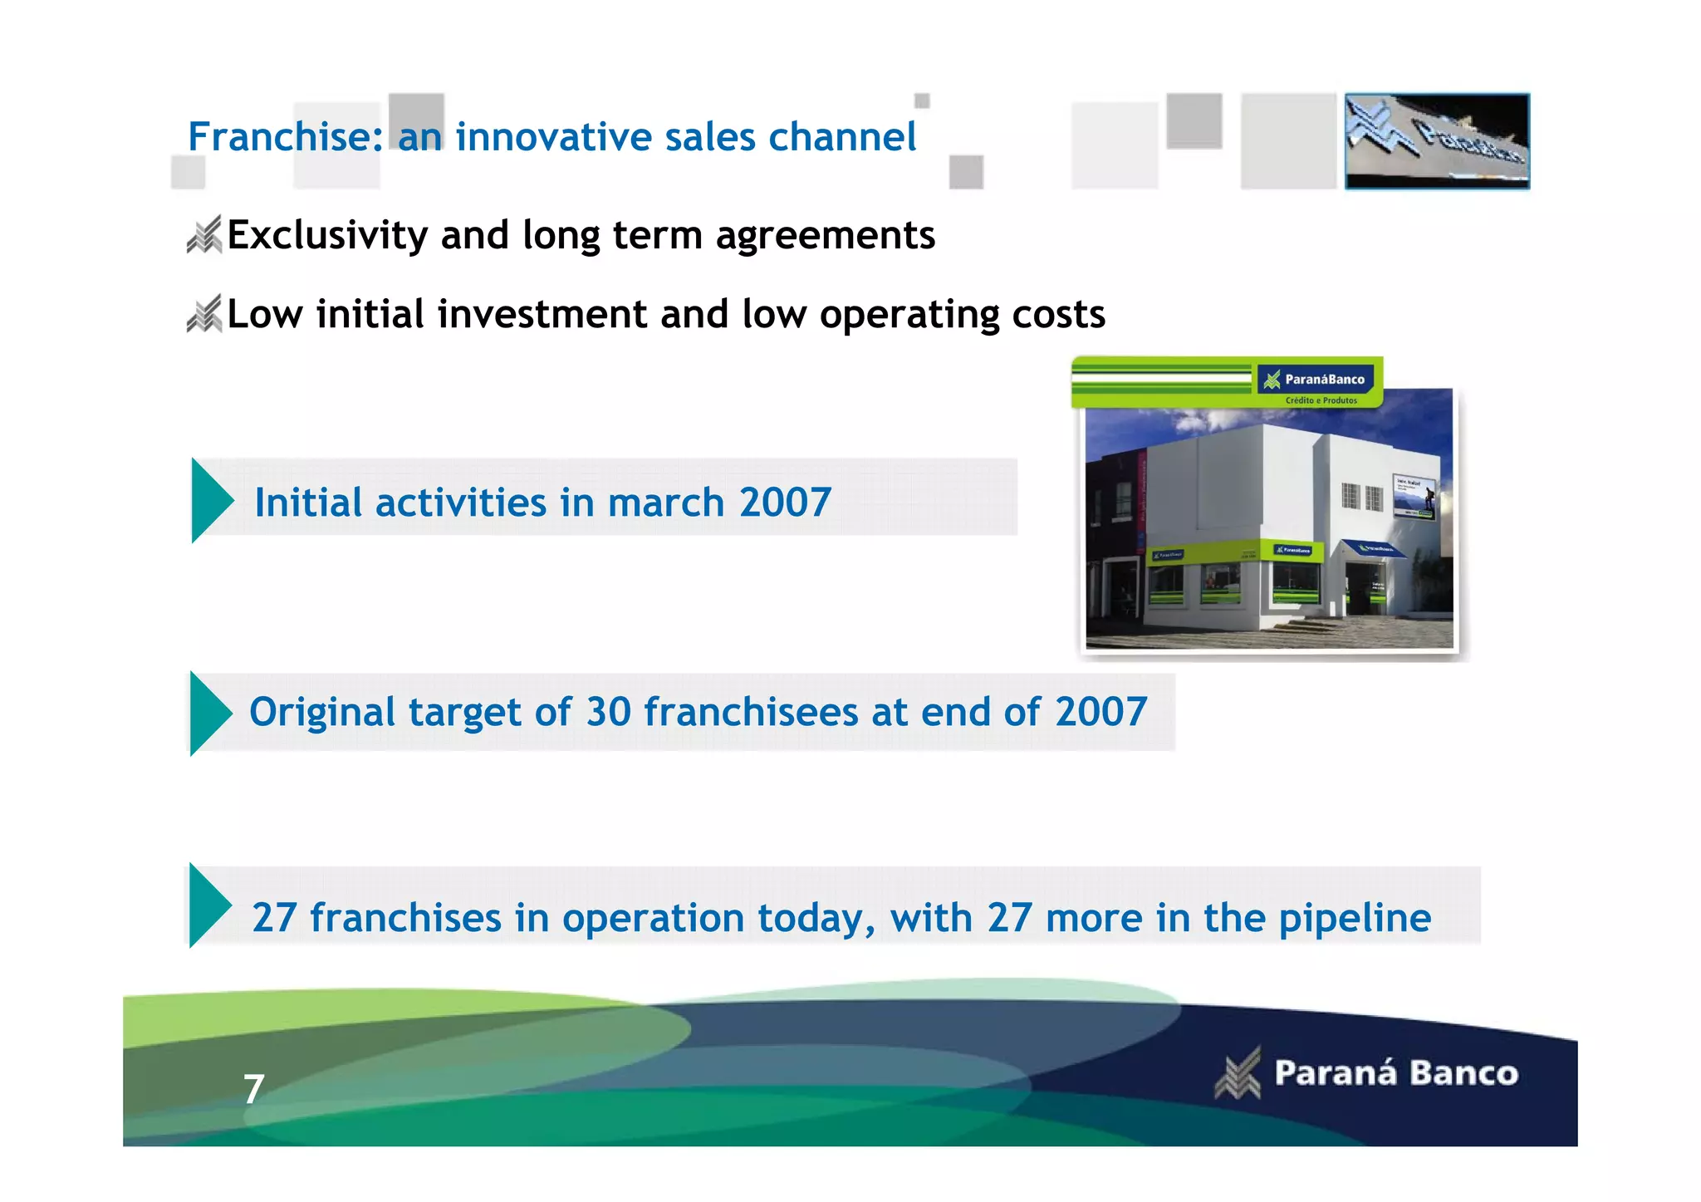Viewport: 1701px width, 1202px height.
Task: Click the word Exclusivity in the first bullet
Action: point(326,235)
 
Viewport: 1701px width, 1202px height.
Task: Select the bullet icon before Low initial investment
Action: point(204,314)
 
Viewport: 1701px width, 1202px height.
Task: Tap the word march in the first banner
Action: point(665,503)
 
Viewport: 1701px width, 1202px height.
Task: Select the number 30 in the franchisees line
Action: point(609,713)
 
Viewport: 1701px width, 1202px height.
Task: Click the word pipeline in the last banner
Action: point(1354,919)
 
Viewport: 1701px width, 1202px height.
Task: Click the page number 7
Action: point(253,1089)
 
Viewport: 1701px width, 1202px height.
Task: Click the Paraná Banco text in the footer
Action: point(1395,1073)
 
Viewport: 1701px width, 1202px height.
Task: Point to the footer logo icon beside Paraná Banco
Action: point(1238,1073)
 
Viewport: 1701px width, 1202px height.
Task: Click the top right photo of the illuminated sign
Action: point(1436,141)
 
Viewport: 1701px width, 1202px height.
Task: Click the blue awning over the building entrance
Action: point(1375,549)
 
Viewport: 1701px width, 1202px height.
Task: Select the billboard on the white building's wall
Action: point(1414,497)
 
